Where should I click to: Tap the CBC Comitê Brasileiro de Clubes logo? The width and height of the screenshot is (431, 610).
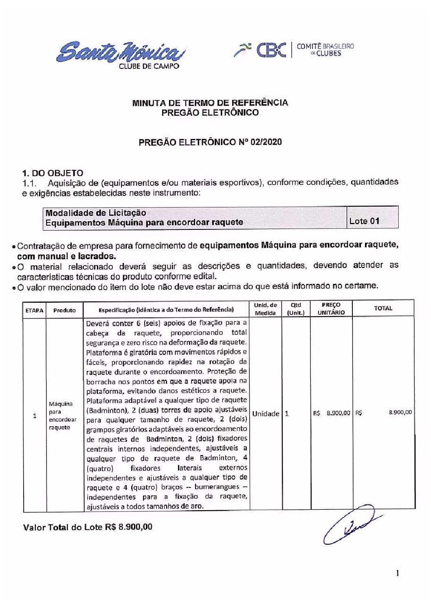tap(294, 50)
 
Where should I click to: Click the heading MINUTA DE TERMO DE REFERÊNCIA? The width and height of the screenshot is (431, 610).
tap(210, 103)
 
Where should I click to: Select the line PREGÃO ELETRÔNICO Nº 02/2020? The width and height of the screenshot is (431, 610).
tap(210, 142)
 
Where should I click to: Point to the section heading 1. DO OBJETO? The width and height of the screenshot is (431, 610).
tap(53, 173)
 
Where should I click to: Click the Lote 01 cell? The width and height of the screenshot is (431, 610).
tap(364, 221)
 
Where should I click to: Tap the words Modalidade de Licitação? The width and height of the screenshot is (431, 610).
tap(96, 213)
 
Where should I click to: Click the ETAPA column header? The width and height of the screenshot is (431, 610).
tap(35, 310)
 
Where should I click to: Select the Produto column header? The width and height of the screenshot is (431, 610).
tap(64, 310)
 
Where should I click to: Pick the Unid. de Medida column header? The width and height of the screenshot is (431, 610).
tap(265, 309)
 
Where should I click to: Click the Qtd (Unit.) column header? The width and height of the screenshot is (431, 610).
tap(296, 309)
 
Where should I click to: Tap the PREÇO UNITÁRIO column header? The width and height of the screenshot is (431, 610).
tap(331, 308)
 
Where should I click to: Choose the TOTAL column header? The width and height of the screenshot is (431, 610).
tap(383, 308)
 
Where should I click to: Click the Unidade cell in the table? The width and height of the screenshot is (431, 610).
tap(266, 414)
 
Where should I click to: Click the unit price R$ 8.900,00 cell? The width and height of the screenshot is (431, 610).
tap(332, 413)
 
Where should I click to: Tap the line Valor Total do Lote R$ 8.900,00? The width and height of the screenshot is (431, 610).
tap(88, 527)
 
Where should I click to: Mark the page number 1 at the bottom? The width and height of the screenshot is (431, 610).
tap(397, 574)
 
